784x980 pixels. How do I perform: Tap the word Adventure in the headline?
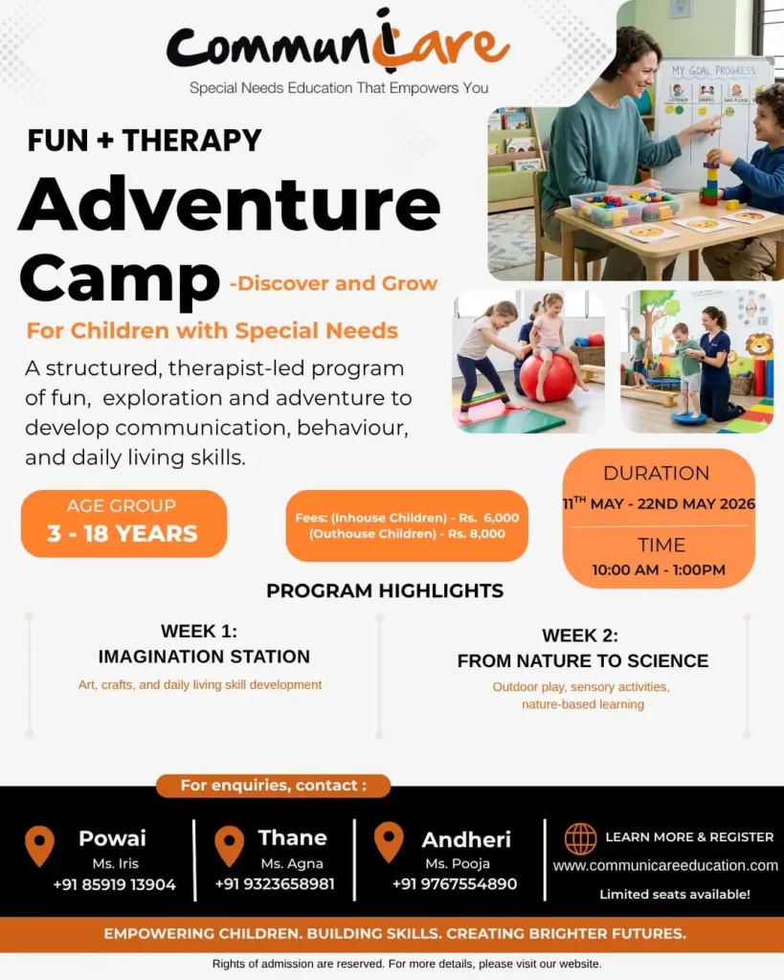[x=229, y=203]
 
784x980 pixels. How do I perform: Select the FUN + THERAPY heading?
[x=145, y=140]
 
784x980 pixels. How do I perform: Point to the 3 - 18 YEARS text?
[x=123, y=533]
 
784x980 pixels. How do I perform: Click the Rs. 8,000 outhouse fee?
[x=477, y=534]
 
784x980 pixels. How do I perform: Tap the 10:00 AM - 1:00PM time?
[x=659, y=569]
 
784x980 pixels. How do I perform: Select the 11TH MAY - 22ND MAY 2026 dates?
[x=659, y=503]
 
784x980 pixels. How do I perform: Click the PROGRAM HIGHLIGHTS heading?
[x=385, y=590]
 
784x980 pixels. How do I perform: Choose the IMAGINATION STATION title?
[x=204, y=657]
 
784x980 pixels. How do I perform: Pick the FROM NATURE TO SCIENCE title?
[x=583, y=660]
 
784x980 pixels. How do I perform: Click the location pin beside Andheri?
[x=388, y=841]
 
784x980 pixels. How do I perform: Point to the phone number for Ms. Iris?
[x=114, y=884]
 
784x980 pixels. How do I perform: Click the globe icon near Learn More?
[x=580, y=838]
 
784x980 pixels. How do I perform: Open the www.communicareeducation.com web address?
[x=665, y=865]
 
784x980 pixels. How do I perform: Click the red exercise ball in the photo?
[x=547, y=377]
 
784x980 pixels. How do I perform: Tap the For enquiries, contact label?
[x=274, y=786]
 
